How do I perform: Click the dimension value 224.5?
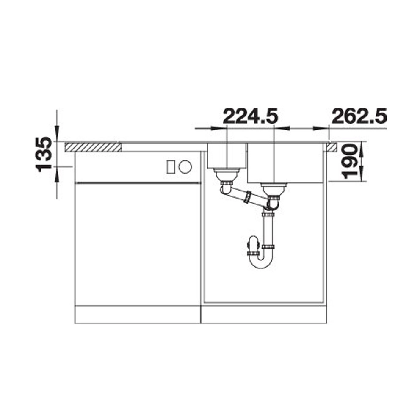(251, 116)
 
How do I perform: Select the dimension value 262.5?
(359, 116)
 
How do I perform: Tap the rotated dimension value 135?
(44, 154)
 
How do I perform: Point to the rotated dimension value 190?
(350, 161)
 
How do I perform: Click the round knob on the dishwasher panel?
(185, 167)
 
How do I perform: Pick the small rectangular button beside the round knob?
(171, 167)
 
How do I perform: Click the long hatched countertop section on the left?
(93, 147)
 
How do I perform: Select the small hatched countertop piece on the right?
(331, 147)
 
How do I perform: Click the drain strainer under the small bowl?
(227, 174)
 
